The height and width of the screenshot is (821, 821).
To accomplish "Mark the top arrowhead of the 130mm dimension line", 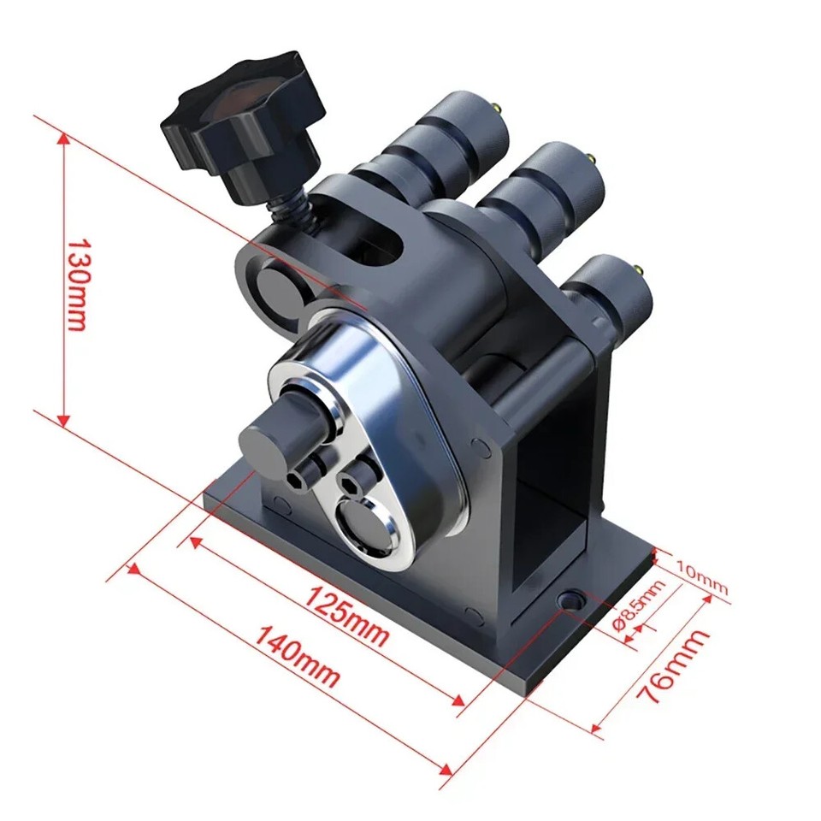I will click(x=62, y=137).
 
